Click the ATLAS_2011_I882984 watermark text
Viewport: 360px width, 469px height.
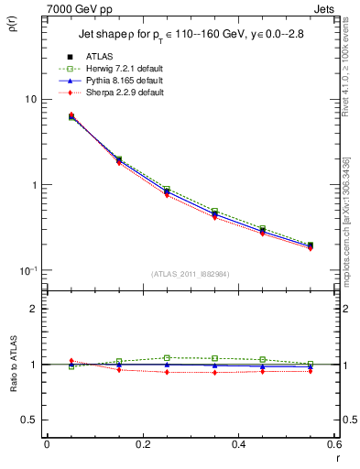tap(190, 274)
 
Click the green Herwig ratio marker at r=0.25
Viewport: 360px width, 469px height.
tap(167, 358)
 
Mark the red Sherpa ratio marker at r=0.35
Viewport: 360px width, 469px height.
tap(214, 373)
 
